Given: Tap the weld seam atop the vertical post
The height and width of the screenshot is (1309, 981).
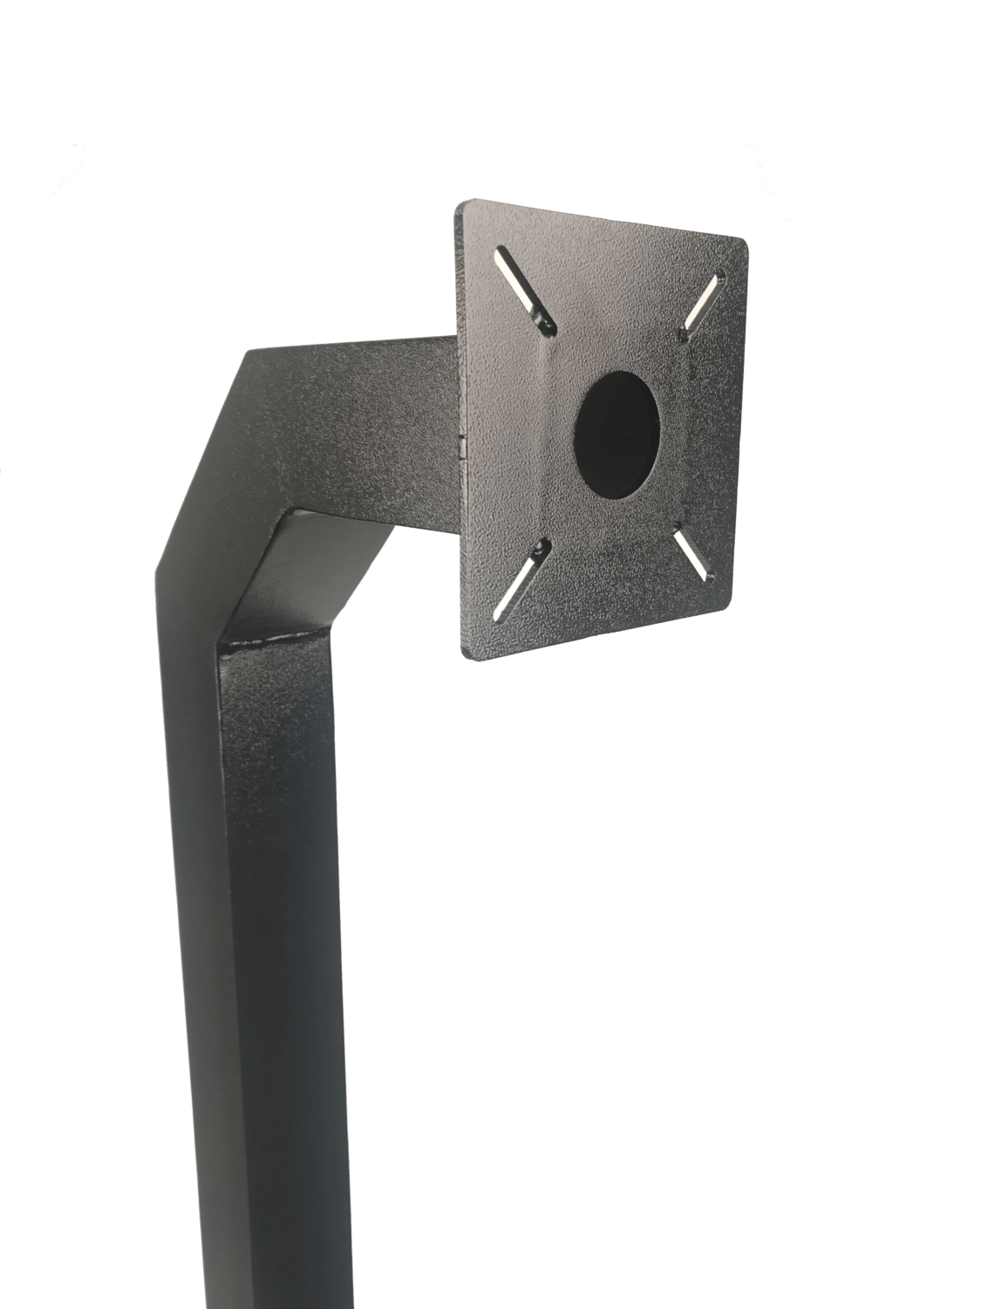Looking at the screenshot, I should (x=275, y=641).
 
